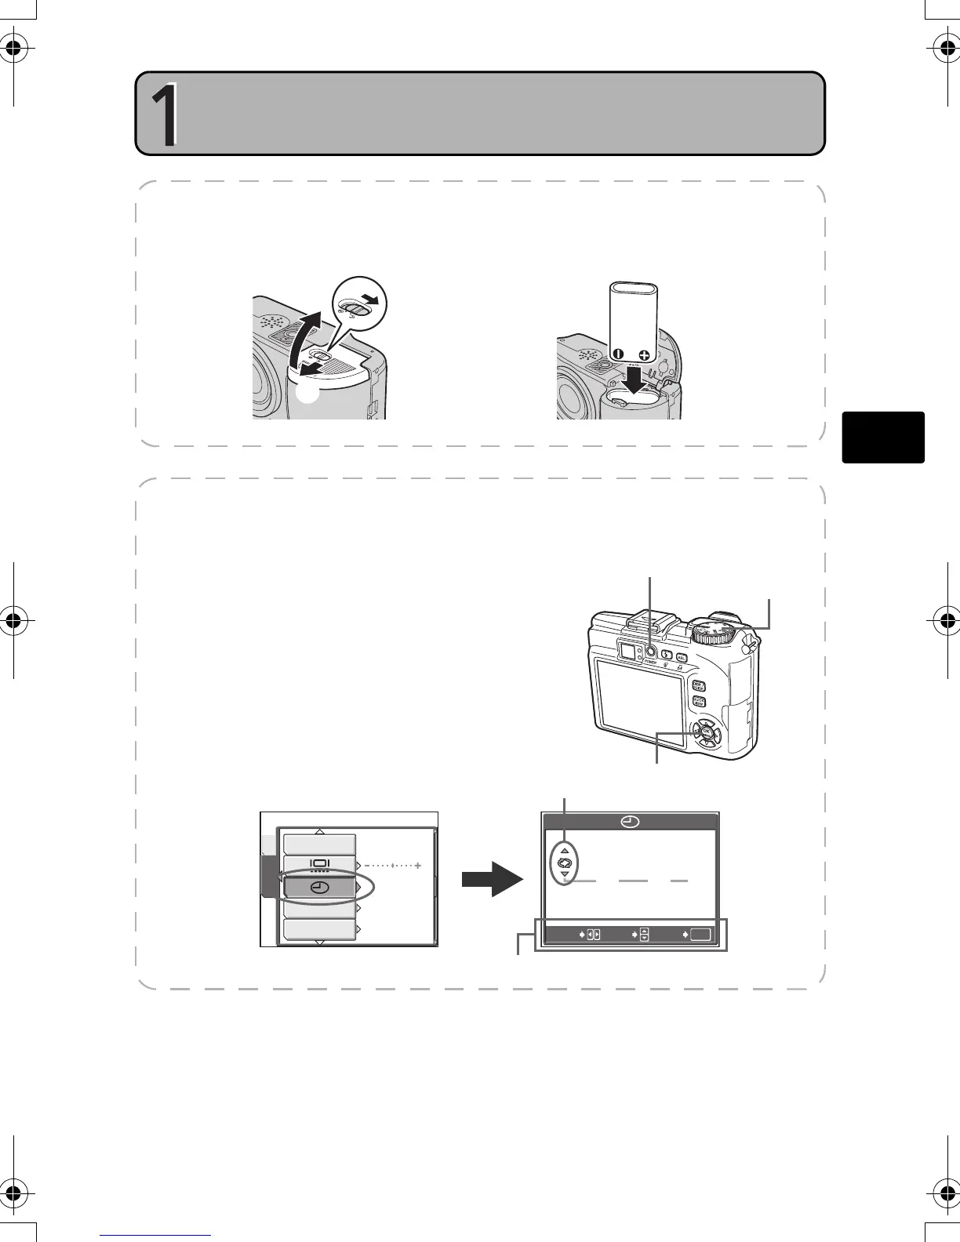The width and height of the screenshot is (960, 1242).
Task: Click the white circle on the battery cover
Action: click(x=309, y=394)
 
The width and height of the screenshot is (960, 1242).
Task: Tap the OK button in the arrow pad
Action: click(x=706, y=732)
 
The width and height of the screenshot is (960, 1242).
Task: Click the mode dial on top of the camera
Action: click(x=715, y=630)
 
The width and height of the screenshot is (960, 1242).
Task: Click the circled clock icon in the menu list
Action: click(x=319, y=888)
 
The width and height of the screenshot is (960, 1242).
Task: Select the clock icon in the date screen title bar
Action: click(x=630, y=822)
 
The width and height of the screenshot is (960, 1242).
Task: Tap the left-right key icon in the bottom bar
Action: click(x=593, y=935)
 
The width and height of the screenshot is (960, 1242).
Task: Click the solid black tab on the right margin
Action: click(x=883, y=437)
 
